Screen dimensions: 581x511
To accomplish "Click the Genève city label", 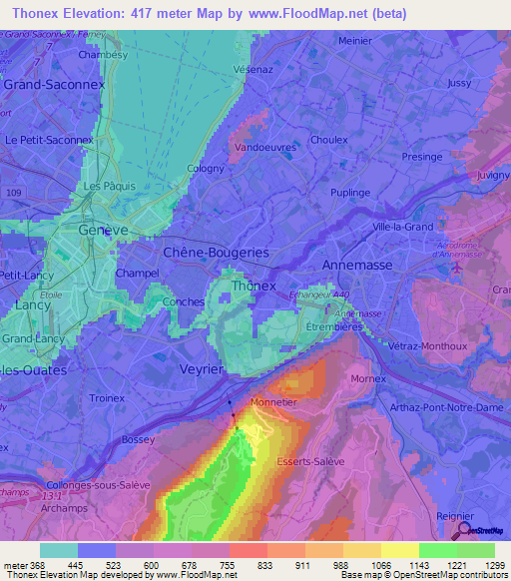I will (103, 230).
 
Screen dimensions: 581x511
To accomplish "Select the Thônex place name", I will (253, 287).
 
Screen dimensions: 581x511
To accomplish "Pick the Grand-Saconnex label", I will (47, 86).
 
